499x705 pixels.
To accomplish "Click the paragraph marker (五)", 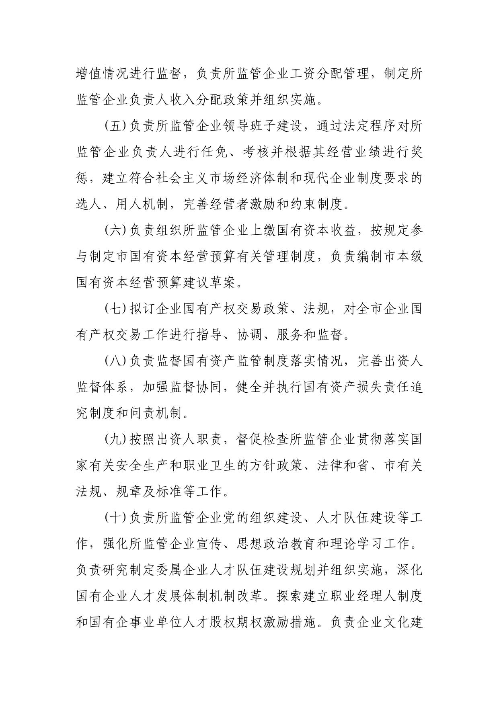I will click(x=115, y=127).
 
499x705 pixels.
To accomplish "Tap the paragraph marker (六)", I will click(x=115, y=231).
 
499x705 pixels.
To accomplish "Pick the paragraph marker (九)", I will click(x=115, y=439).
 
